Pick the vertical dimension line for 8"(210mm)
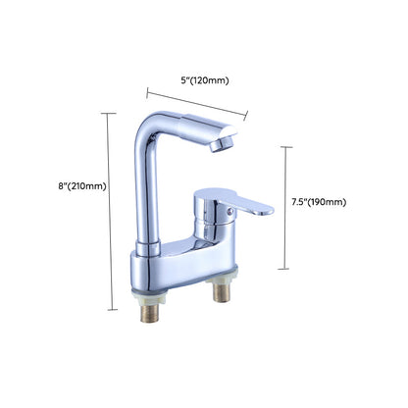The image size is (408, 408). pos(107,211)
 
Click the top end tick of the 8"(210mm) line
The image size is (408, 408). pos(107,112)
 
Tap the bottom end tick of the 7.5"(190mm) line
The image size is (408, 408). pos(285,268)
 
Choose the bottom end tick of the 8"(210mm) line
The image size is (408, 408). pos(107,309)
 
